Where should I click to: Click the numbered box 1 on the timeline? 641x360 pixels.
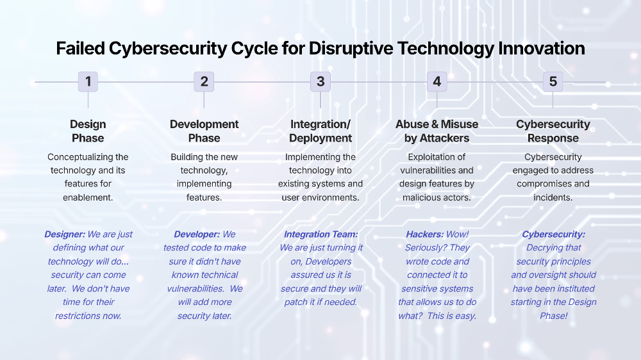coord(88,81)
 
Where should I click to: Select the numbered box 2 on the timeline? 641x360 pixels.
coord(204,81)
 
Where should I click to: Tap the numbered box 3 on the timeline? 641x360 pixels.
coord(320,81)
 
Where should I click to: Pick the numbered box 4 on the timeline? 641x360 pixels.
coord(437,81)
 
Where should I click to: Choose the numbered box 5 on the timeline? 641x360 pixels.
coord(553,81)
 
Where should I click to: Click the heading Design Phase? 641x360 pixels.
coord(88,131)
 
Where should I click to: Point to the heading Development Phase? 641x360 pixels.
coord(204,131)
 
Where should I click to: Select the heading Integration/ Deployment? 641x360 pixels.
coord(320,131)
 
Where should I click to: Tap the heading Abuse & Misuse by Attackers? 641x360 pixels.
coord(437,131)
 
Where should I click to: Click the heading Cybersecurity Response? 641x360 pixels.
coord(553,131)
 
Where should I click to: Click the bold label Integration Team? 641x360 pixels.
coord(320,234)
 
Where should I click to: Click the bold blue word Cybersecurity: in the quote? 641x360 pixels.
coord(553,234)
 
